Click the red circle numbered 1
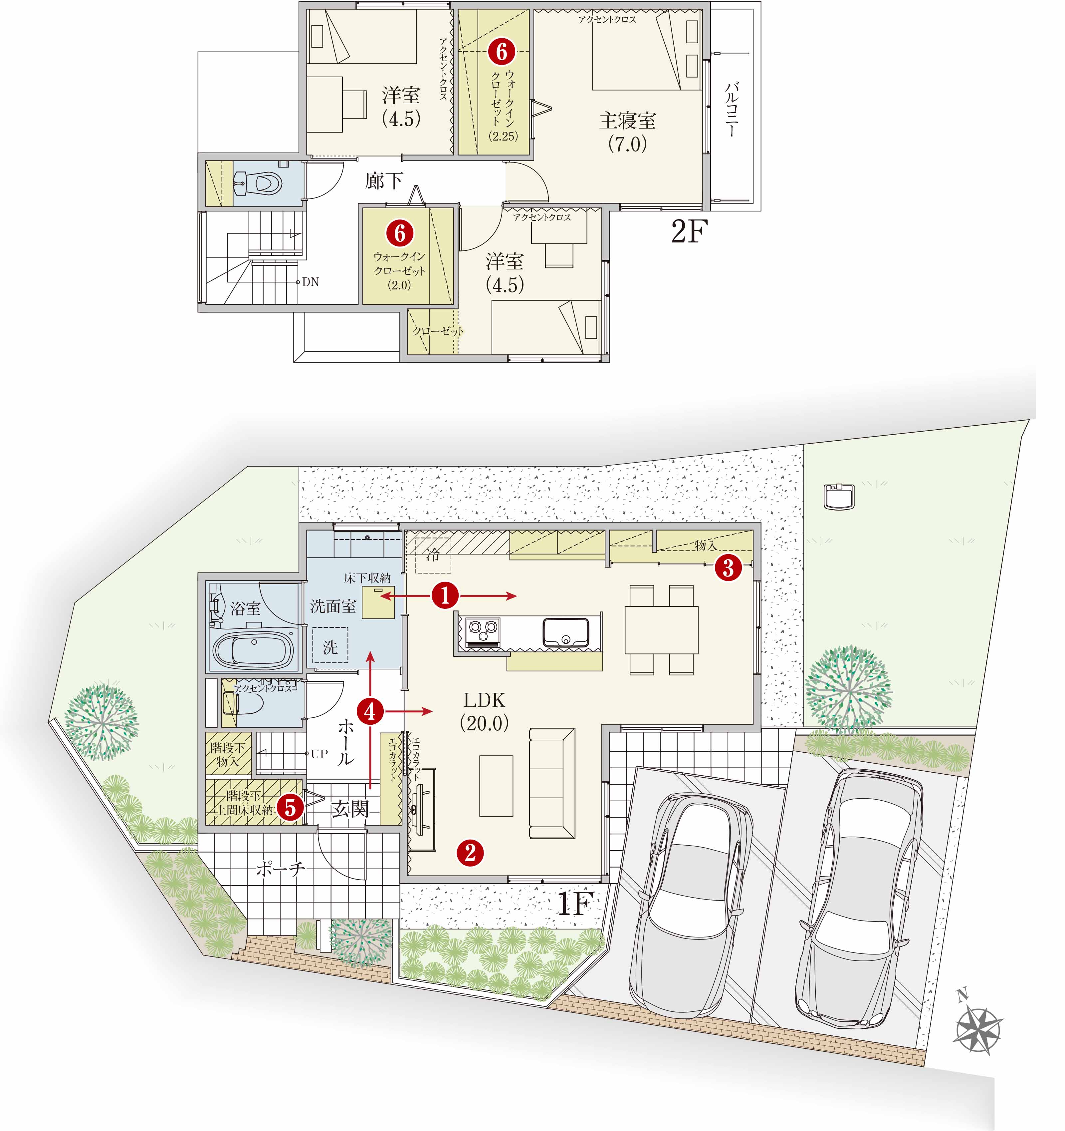point(445,596)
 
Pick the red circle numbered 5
point(291,806)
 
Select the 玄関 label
point(350,808)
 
